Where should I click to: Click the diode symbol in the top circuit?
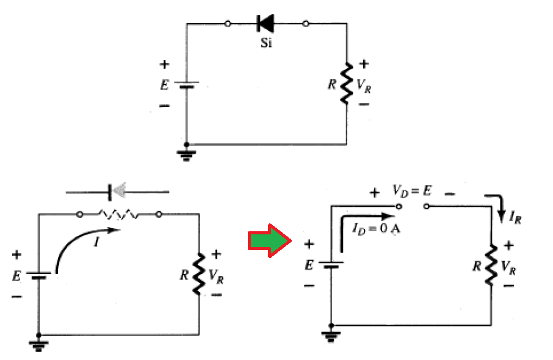(266, 24)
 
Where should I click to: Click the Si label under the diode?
(266, 43)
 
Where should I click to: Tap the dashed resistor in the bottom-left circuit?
(118, 215)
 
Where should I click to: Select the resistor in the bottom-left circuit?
(199, 275)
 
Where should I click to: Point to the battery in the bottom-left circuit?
(38, 275)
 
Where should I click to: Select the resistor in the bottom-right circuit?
(491, 265)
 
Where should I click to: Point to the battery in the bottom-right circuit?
(331, 265)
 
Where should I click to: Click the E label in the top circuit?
(164, 85)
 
